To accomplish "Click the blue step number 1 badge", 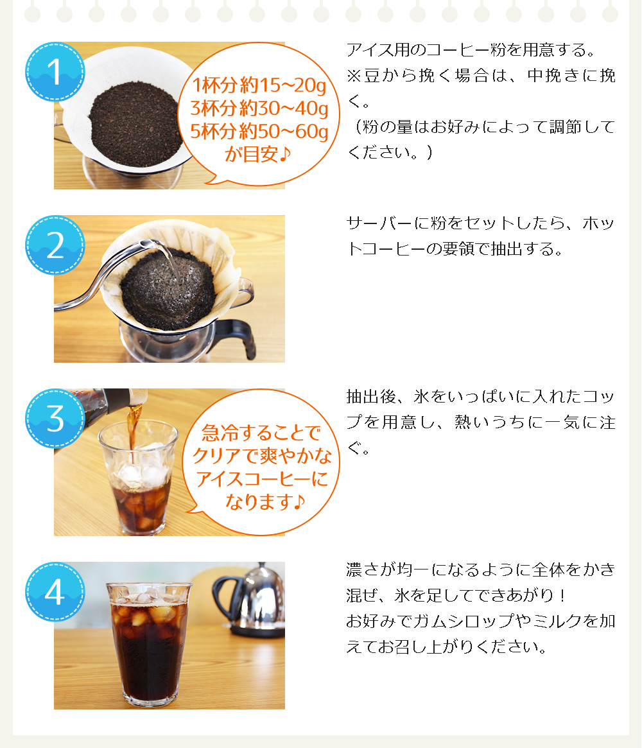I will (x=55, y=72).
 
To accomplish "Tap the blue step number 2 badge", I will (x=55, y=245).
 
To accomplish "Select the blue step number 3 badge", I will (x=55, y=419).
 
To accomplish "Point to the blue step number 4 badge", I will (x=55, y=592).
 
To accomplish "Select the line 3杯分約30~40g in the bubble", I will (x=259, y=108).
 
